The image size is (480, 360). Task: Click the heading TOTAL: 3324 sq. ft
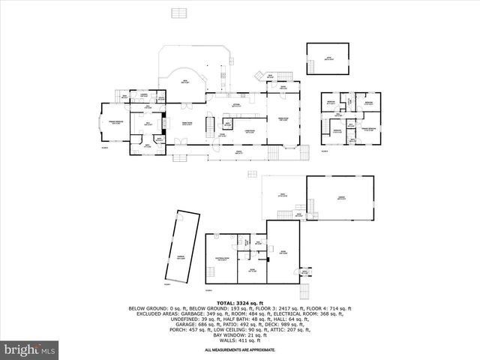(239, 301)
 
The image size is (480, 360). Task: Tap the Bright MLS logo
(30, 349)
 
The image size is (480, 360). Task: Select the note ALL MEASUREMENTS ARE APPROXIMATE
(239, 350)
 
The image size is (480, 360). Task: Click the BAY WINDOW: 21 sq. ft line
(239, 334)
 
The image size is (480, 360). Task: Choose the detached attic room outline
(328, 58)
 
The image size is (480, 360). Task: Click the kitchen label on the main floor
(236, 105)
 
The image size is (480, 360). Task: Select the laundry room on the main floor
(143, 94)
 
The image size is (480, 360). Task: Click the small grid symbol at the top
(178, 13)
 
